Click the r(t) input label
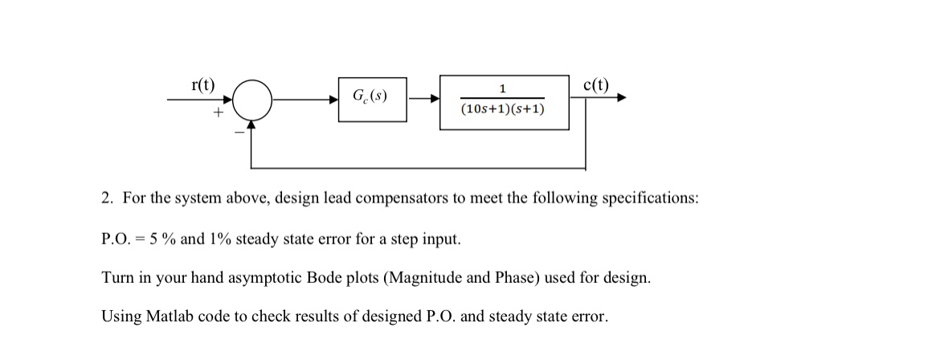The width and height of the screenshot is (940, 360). (x=202, y=84)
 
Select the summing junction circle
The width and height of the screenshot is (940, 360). (x=254, y=100)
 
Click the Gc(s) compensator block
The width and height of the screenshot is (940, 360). (x=372, y=99)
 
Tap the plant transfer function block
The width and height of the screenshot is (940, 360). (x=504, y=101)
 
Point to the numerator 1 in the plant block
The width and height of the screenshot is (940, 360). (x=502, y=88)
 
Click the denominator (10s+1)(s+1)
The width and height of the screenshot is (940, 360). (x=503, y=109)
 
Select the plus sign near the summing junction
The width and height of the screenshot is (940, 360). (x=216, y=114)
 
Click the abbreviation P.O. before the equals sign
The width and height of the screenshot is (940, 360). (x=117, y=239)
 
